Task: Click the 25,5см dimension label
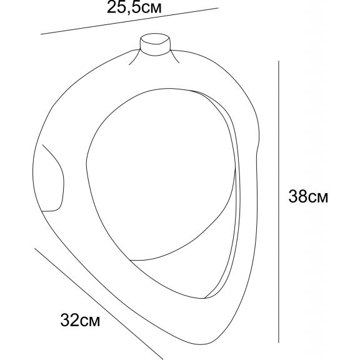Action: point(134,7)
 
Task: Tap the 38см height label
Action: point(308,196)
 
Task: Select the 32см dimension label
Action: point(80,320)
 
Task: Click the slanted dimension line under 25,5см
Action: point(129,21)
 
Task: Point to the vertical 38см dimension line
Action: point(279,202)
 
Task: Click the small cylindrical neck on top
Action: point(155,44)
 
